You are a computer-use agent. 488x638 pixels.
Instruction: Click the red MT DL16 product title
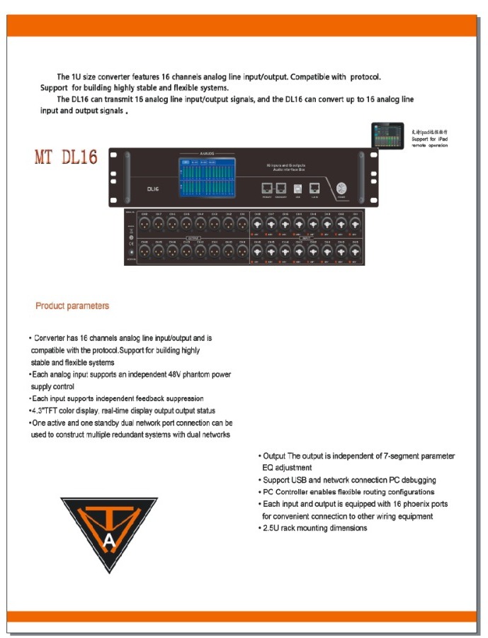click(66, 157)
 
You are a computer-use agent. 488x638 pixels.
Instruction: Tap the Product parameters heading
click(72, 306)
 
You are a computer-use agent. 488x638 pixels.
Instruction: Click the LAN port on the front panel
click(315, 189)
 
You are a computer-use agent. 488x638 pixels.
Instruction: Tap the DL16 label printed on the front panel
click(153, 189)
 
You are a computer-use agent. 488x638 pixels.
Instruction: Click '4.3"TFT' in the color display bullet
click(47, 411)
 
